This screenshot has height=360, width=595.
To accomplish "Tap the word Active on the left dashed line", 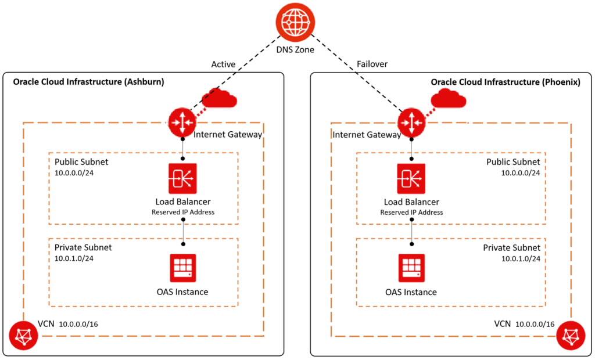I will click(x=223, y=64).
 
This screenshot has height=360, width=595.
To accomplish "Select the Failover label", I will click(x=371, y=64).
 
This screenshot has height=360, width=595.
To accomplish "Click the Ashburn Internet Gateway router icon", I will click(x=183, y=123).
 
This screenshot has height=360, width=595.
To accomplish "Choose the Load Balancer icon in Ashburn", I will click(x=183, y=178).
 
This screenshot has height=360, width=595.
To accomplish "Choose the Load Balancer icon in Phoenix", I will click(x=411, y=178).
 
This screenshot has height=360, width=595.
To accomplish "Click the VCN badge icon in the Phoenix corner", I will click(x=569, y=336).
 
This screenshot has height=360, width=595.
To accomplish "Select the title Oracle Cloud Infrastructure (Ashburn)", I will click(x=88, y=82).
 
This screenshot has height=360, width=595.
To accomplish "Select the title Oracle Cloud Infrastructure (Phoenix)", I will click(x=506, y=82).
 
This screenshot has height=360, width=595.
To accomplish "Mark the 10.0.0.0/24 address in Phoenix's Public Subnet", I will click(x=521, y=172).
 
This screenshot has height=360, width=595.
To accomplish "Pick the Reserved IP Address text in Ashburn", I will click(x=183, y=213).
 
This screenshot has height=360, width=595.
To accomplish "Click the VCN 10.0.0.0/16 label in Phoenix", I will click(x=524, y=324).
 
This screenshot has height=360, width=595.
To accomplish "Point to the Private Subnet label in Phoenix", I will click(x=511, y=248).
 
